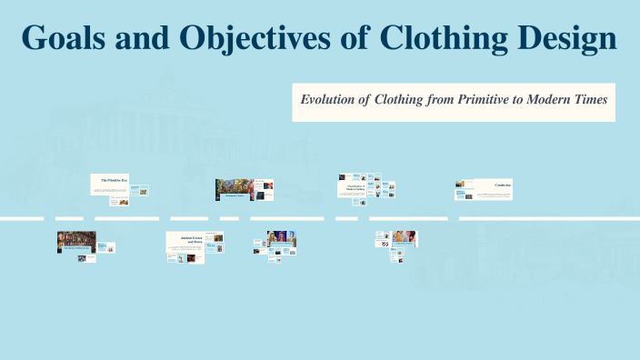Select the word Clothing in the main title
coord(441,38)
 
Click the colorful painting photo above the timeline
coord(234,189)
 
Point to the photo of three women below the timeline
coord(282,240)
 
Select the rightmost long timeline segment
coord(549,218)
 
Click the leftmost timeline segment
coord(21,218)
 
